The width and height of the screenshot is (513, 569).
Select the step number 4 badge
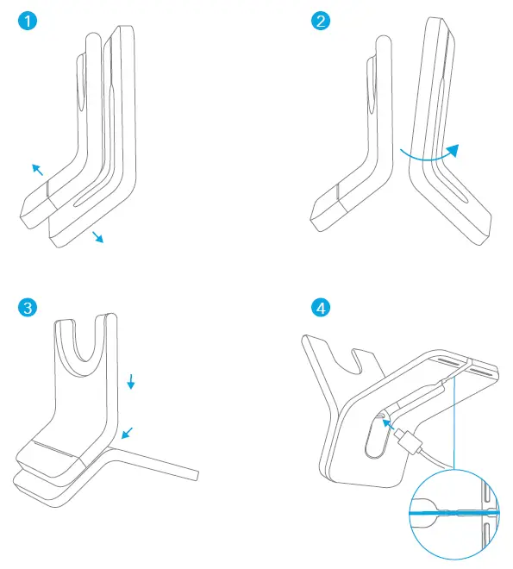coord(321,307)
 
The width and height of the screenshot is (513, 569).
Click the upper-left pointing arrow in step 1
coord(38,170)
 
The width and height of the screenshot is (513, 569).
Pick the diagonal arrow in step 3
coord(128,430)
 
